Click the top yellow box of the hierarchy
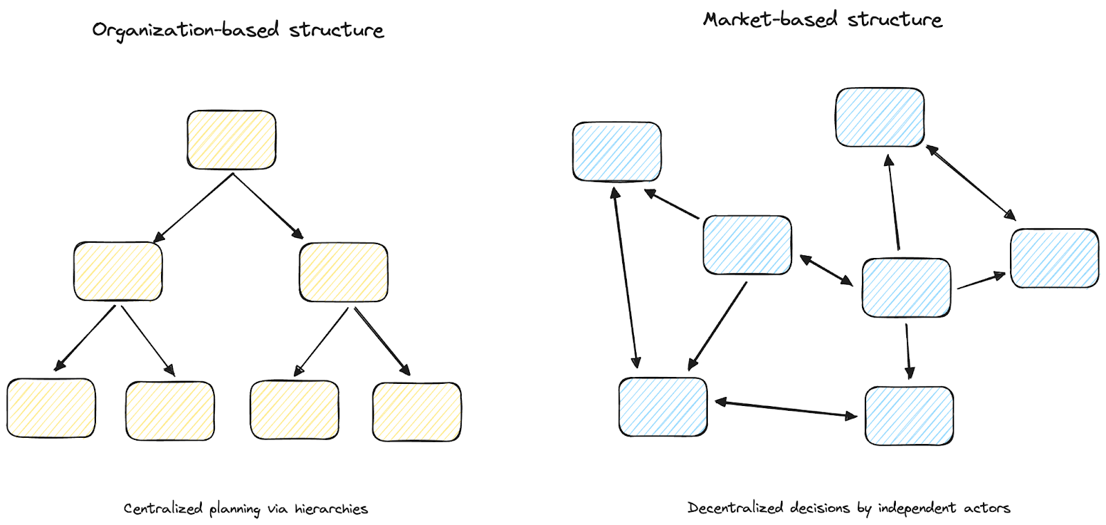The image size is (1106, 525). coord(232,140)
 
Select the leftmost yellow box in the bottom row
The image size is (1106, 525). coord(51,408)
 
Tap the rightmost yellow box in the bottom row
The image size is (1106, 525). coord(417,412)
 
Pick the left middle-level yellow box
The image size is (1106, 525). coord(118,271)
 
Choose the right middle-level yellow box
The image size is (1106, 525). coord(344,272)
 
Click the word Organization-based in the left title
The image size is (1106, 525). coord(185,30)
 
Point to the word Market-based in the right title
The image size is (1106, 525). coord(770,20)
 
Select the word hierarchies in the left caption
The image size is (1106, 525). coord(331,509)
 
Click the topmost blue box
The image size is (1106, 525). coord(880,118)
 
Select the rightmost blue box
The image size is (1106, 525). coord(1054,258)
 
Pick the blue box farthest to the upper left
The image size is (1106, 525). coord(617,152)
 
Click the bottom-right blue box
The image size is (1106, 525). coord(909,416)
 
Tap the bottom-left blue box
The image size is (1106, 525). coord(663,407)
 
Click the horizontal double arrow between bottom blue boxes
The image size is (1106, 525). coord(786,408)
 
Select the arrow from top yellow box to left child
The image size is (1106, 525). coord(194,207)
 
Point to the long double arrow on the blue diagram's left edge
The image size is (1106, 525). coord(626,277)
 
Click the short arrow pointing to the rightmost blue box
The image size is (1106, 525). coord(981,281)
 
